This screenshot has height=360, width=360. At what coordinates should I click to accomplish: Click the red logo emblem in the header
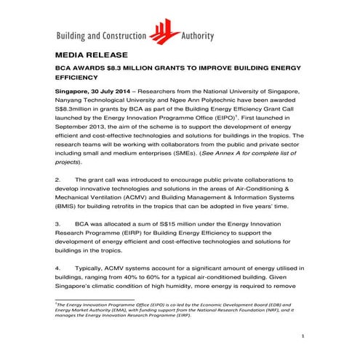point(167,31)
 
